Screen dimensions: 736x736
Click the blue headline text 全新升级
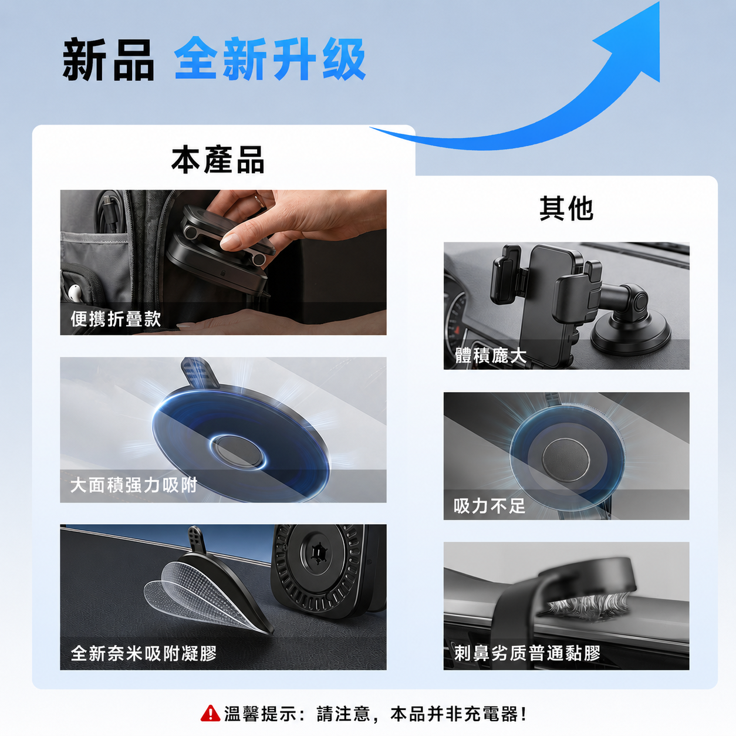coord(270,59)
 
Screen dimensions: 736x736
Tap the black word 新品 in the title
coord(109,59)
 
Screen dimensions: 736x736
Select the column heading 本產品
coord(218,160)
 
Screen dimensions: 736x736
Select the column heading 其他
coord(566,208)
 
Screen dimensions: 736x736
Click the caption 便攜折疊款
coord(116,319)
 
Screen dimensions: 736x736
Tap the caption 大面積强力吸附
coord(134,485)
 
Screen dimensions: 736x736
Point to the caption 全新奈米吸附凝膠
coord(144,653)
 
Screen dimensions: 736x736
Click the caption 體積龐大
coord(491,356)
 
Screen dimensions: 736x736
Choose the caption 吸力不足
coord(489,506)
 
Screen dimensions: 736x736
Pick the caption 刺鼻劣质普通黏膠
coord(527,653)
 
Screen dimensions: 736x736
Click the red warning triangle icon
coord(211,713)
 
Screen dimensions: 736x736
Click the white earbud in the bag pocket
coord(75,292)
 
